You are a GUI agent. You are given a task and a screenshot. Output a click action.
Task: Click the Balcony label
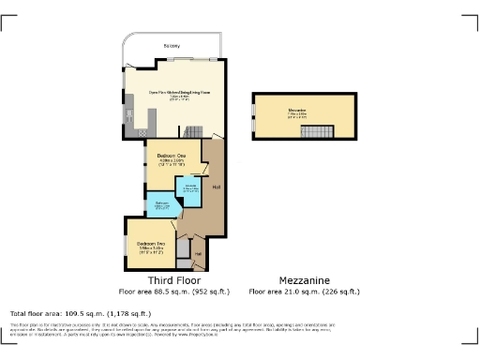172,45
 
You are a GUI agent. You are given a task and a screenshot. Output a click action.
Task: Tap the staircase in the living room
192,132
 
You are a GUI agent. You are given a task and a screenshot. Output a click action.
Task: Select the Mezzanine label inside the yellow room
297,114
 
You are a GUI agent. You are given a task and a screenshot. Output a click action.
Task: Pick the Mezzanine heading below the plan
303,280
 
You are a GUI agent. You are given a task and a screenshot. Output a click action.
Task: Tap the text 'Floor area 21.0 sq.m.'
303,292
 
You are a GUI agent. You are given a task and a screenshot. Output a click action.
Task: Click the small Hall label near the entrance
198,252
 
